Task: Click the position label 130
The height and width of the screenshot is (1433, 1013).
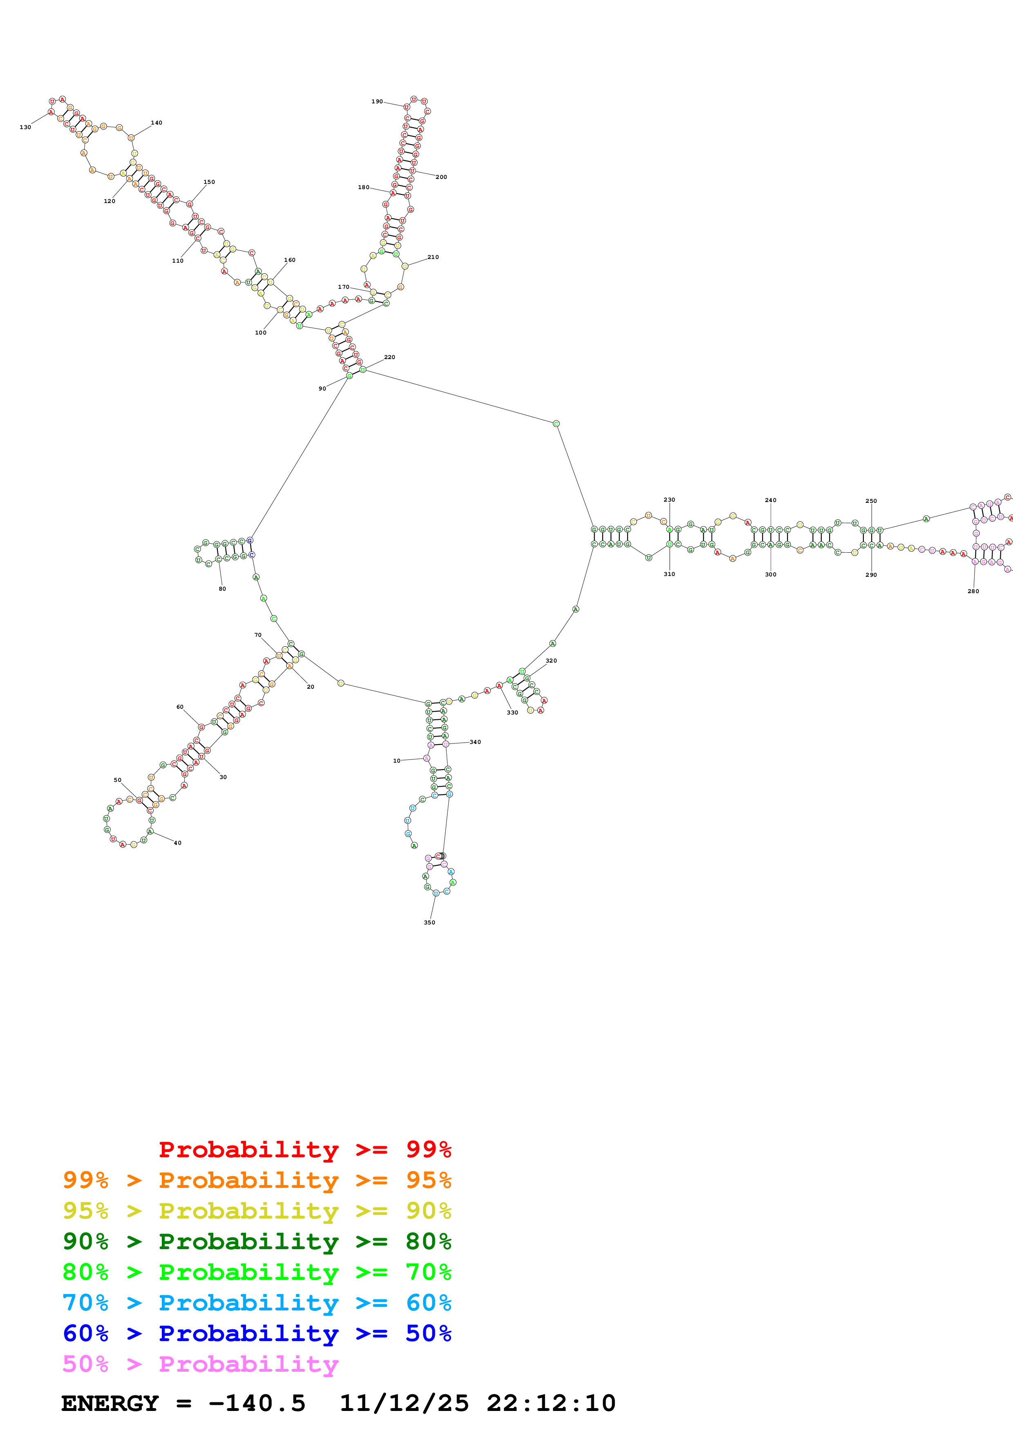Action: pyautogui.click(x=25, y=127)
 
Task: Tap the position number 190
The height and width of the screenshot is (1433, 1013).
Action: pyautogui.click(x=377, y=102)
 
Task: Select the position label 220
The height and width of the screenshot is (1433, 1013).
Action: pyautogui.click(x=389, y=357)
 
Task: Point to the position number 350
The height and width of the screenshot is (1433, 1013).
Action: pyautogui.click(x=429, y=922)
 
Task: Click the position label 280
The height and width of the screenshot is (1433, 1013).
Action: pyautogui.click(x=973, y=591)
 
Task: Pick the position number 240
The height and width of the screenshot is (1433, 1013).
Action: pyautogui.click(x=771, y=500)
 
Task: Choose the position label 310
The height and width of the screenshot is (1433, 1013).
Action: pyautogui.click(x=669, y=574)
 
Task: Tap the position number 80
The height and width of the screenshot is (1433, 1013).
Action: pyautogui.click(x=222, y=589)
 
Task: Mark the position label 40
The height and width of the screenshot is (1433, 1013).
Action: pyautogui.click(x=178, y=843)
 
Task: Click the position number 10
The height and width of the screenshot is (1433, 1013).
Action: pyautogui.click(x=396, y=761)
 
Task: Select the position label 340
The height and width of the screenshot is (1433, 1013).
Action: pyautogui.click(x=476, y=742)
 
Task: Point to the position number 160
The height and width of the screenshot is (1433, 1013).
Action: pyautogui.click(x=290, y=260)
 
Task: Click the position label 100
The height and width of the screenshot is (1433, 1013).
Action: pyautogui.click(x=260, y=333)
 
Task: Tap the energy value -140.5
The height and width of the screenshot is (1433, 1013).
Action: pyautogui.click(x=257, y=1403)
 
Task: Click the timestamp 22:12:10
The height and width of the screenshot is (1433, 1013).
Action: pyautogui.click(x=551, y=1403)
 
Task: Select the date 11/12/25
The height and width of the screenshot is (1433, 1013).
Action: pyautogui.click(x=404, y=1403)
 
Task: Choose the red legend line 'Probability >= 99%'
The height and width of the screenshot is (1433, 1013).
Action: pyautogui.click(x=304, y=1150)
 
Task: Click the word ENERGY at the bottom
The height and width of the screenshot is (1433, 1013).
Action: pyautogui.click(x=110, y=1403)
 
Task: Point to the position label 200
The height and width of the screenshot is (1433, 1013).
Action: pyautogui.click(x=441, y=177)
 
